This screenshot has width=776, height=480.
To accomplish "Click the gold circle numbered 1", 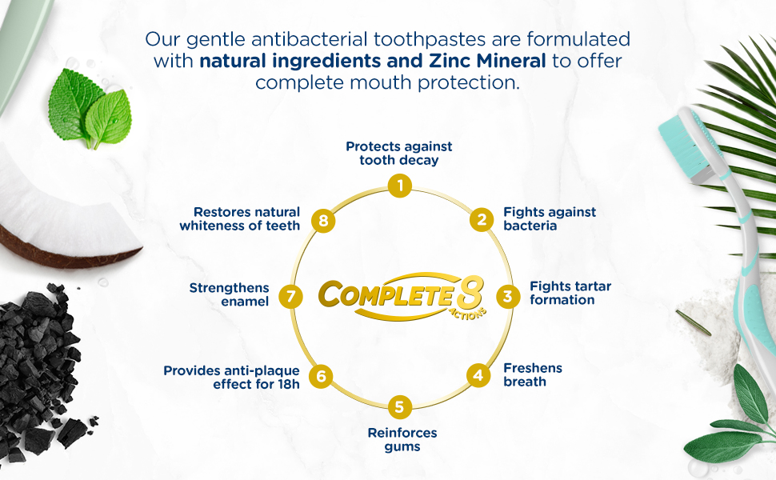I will [399, 187].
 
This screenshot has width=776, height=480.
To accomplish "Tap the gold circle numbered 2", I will [482, 219].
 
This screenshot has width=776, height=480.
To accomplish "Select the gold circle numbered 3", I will [507, 296].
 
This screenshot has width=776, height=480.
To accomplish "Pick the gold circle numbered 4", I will [478, 374].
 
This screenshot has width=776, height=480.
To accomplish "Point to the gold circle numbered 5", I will [399, 406].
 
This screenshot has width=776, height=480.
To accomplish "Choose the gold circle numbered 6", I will [321, 374].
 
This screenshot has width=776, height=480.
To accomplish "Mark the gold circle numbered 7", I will [291, 297].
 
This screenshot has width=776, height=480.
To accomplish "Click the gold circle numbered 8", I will [322, 221].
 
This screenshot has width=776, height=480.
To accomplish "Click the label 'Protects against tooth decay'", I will [398, 153].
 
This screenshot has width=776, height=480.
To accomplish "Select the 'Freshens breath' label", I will [533, 374].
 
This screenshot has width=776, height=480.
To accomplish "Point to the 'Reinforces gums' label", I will [402, 439].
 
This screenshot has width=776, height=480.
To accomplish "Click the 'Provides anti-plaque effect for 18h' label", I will [231, 377].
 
